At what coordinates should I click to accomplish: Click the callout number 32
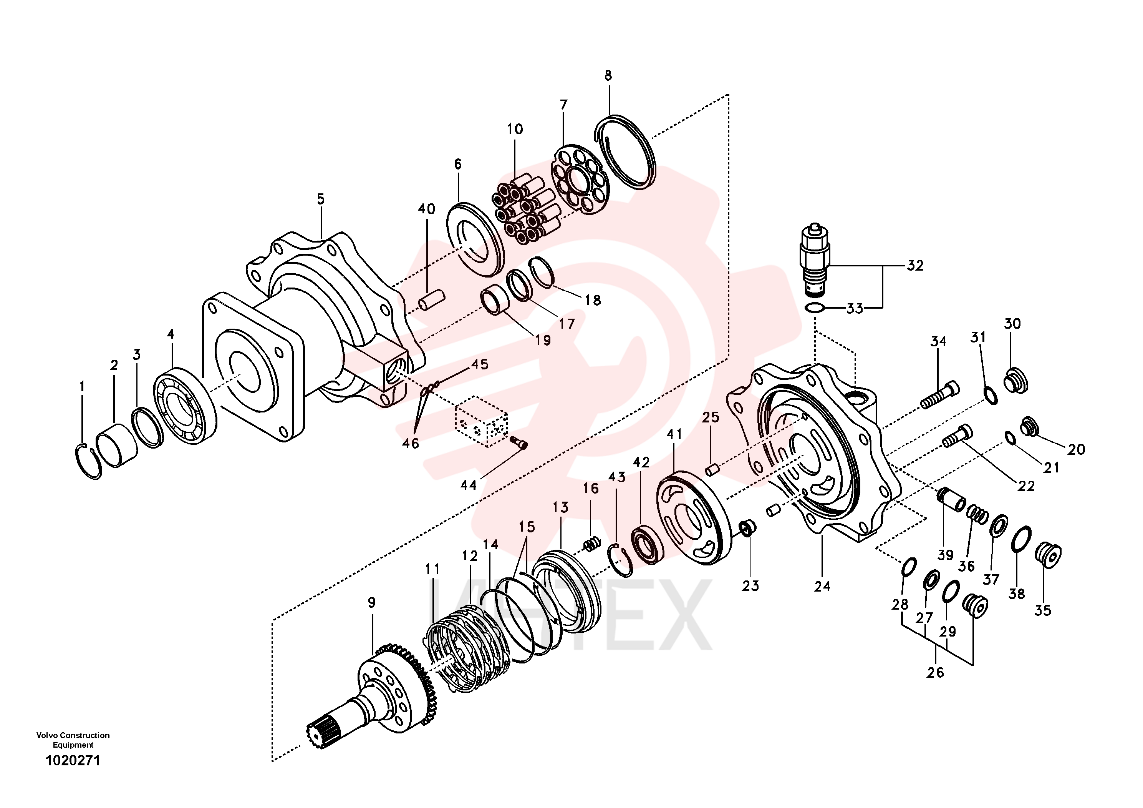click(x=915, y=266)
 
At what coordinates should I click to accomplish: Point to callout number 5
click(x=321, y=199)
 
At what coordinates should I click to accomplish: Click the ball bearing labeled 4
click(x=184, y=406)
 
